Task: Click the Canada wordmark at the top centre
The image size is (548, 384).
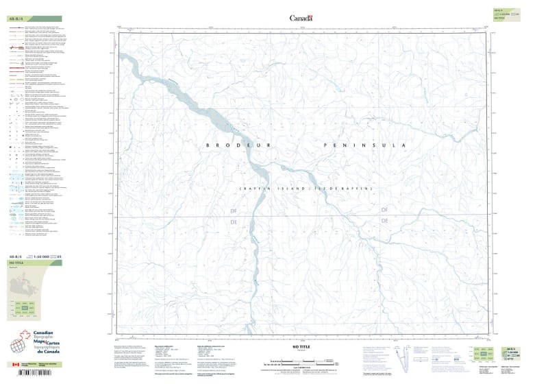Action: click(301, 19)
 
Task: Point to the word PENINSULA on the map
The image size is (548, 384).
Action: click(364, 145)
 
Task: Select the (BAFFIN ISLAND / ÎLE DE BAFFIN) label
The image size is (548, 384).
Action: click(305, 188)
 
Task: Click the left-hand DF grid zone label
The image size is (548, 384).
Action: click(234, 211)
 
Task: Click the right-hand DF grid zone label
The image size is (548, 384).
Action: click(384, 210)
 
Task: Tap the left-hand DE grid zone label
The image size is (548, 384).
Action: click(234, 222)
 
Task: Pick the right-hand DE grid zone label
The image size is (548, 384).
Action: click(384, 221)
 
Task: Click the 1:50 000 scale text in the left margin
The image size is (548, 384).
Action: click(43, 256)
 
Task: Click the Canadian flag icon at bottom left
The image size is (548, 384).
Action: click(16, 365)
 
